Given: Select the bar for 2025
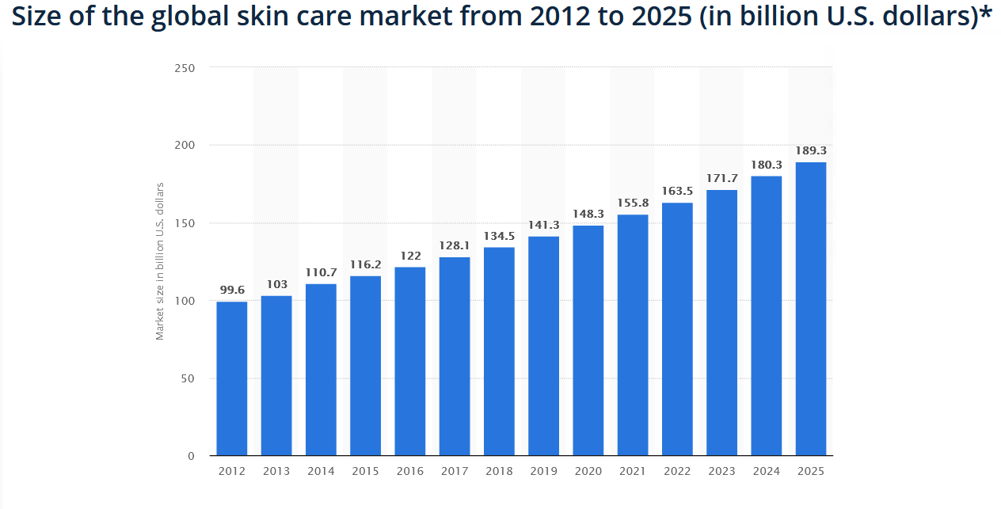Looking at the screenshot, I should tap(811, 309).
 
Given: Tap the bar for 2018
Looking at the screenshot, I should tap(499, 351).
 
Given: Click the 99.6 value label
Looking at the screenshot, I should tap(232, 290).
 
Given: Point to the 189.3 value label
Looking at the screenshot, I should tap(811, 150).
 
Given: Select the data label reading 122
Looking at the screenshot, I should tap(410, 256).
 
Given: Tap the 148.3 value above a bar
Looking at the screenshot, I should tap(588, 214).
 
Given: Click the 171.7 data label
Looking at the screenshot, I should tap(722, 178).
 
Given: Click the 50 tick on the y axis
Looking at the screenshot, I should tap(187, 378).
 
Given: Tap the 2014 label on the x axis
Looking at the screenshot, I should tap(321, 471).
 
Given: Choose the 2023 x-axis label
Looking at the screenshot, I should tap(722, 471).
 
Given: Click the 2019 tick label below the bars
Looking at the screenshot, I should tap(544, 471).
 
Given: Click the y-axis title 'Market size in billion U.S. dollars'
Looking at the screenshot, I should tap(160, 261).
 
